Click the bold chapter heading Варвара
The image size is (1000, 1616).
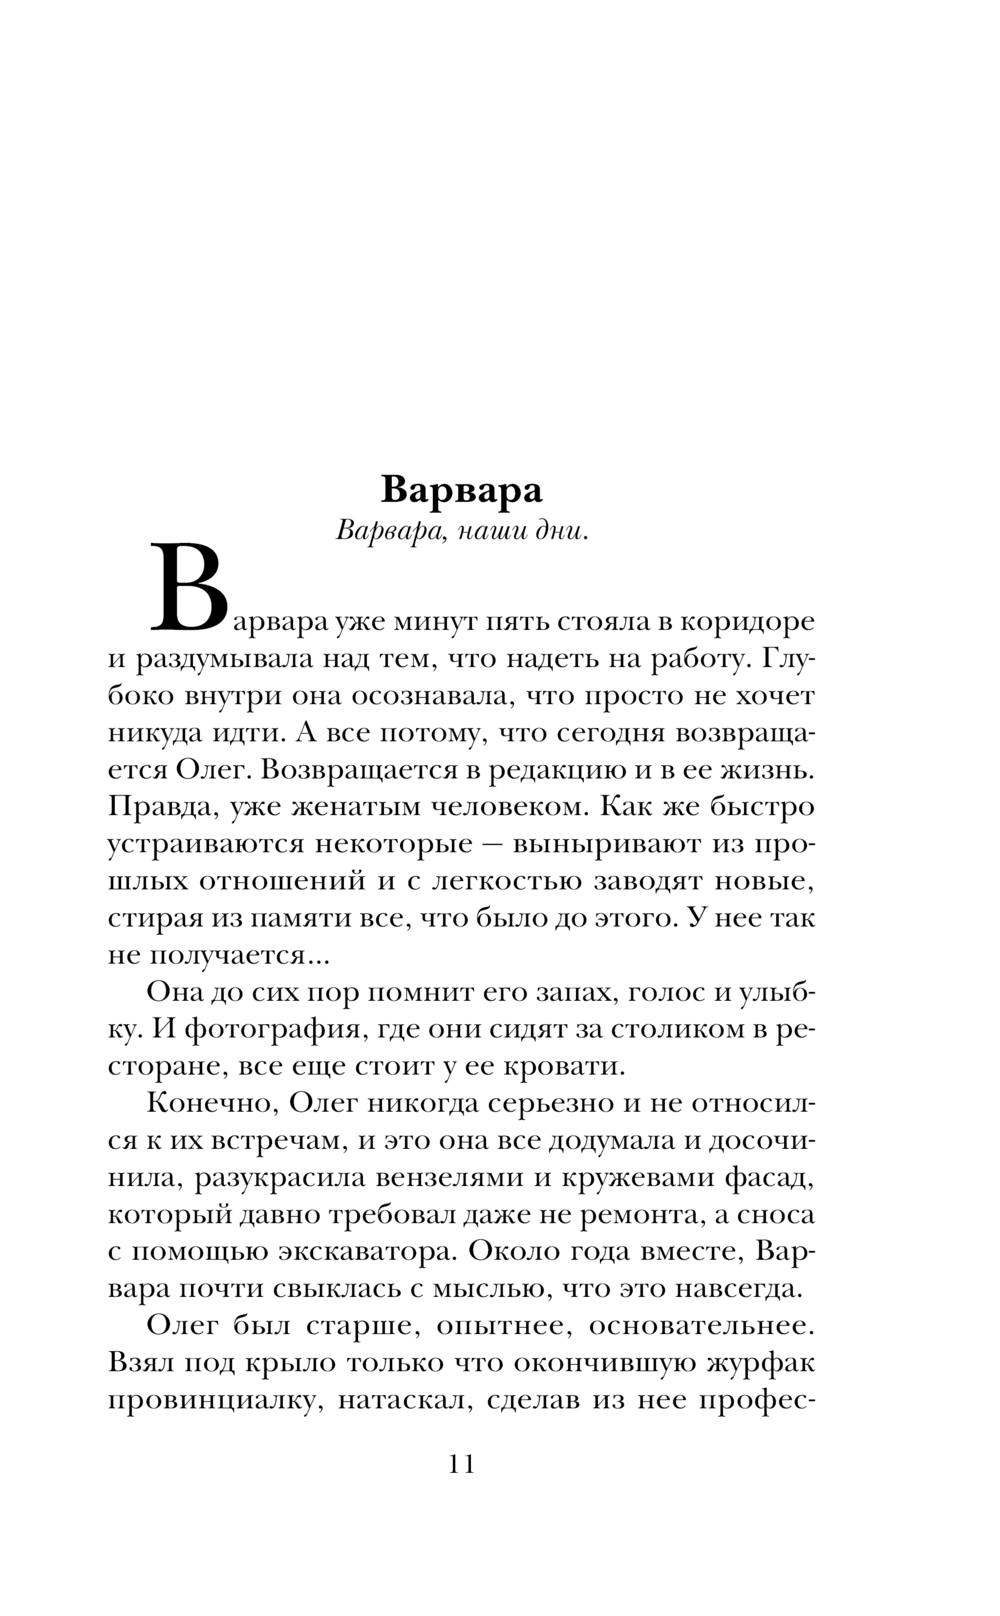click(462, 490)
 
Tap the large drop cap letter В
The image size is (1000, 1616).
click(189, 589)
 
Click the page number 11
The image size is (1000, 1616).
click(462, 1464)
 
